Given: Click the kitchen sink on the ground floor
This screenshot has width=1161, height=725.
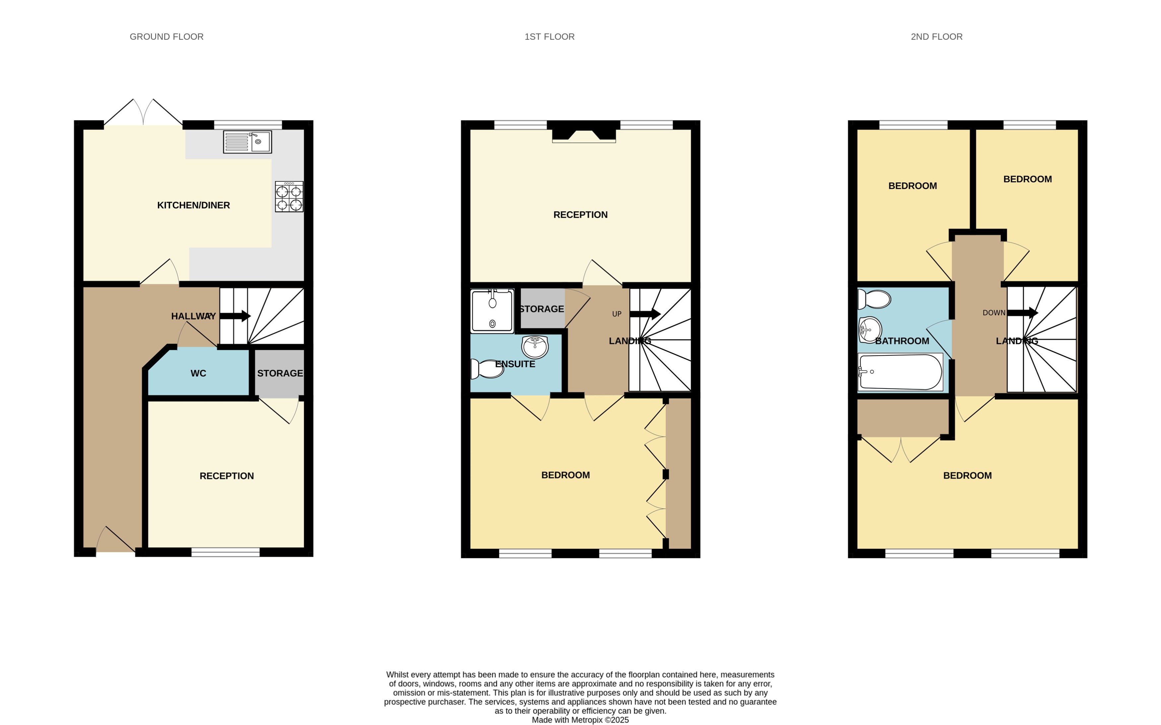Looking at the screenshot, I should [x=247, y=142].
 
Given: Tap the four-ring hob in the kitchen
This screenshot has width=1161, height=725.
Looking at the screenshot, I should [x=289, y=197].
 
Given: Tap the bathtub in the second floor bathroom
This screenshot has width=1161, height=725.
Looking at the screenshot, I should [x=900, y=372].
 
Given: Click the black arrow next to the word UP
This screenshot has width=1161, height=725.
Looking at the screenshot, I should [x=645, y=314].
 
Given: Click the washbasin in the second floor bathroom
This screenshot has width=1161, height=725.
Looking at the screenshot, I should [x=869, y=330].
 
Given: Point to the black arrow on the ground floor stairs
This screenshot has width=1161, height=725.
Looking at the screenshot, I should [x=235, y=316].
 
